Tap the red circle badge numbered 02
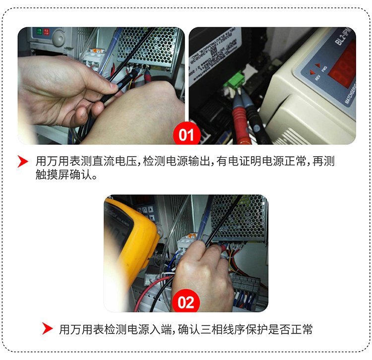[x=186, y=302]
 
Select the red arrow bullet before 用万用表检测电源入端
[x=47, y=329]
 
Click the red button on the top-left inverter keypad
[x=46, y=32]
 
